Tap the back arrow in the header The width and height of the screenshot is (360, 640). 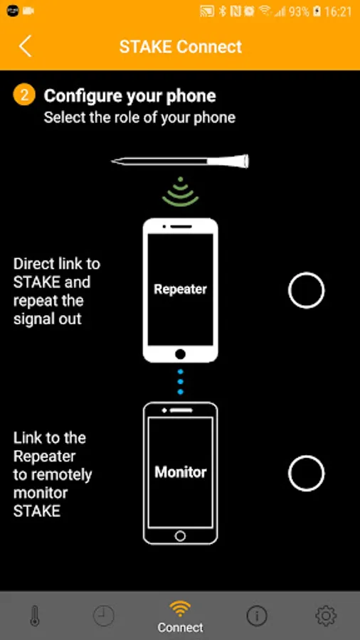(x=25, y=46)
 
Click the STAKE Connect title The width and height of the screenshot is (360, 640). (x=181, y=46)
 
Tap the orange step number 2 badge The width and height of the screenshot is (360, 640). (x=24, y=95)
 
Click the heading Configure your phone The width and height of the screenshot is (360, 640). (x=129, y=95)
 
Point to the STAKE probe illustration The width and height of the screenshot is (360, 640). (x=180, y=161)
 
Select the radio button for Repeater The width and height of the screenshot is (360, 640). (x=306, y=290)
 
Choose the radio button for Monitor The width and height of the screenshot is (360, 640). (x=306, y=473)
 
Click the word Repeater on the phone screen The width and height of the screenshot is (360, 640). (x=181, y=289)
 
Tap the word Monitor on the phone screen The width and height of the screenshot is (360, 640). (x=181, y=472)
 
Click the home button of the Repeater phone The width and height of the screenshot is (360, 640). (x=180, y=354)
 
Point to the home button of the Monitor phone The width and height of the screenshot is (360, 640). (x=180, y=536)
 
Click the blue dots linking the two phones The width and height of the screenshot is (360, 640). (x=181, y=382)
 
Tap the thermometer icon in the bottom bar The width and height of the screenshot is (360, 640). (x=35, y=616)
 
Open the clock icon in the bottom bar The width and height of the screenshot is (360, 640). (x=104, y=615)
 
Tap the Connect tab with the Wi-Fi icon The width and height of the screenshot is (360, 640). (x=181, y=617)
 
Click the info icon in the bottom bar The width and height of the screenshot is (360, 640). (x=257, y=615)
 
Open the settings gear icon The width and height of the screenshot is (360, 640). (x=326, y=615)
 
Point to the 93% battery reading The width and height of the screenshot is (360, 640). (x=299, y=12)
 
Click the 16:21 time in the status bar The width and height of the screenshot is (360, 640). (x=338, y=12)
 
